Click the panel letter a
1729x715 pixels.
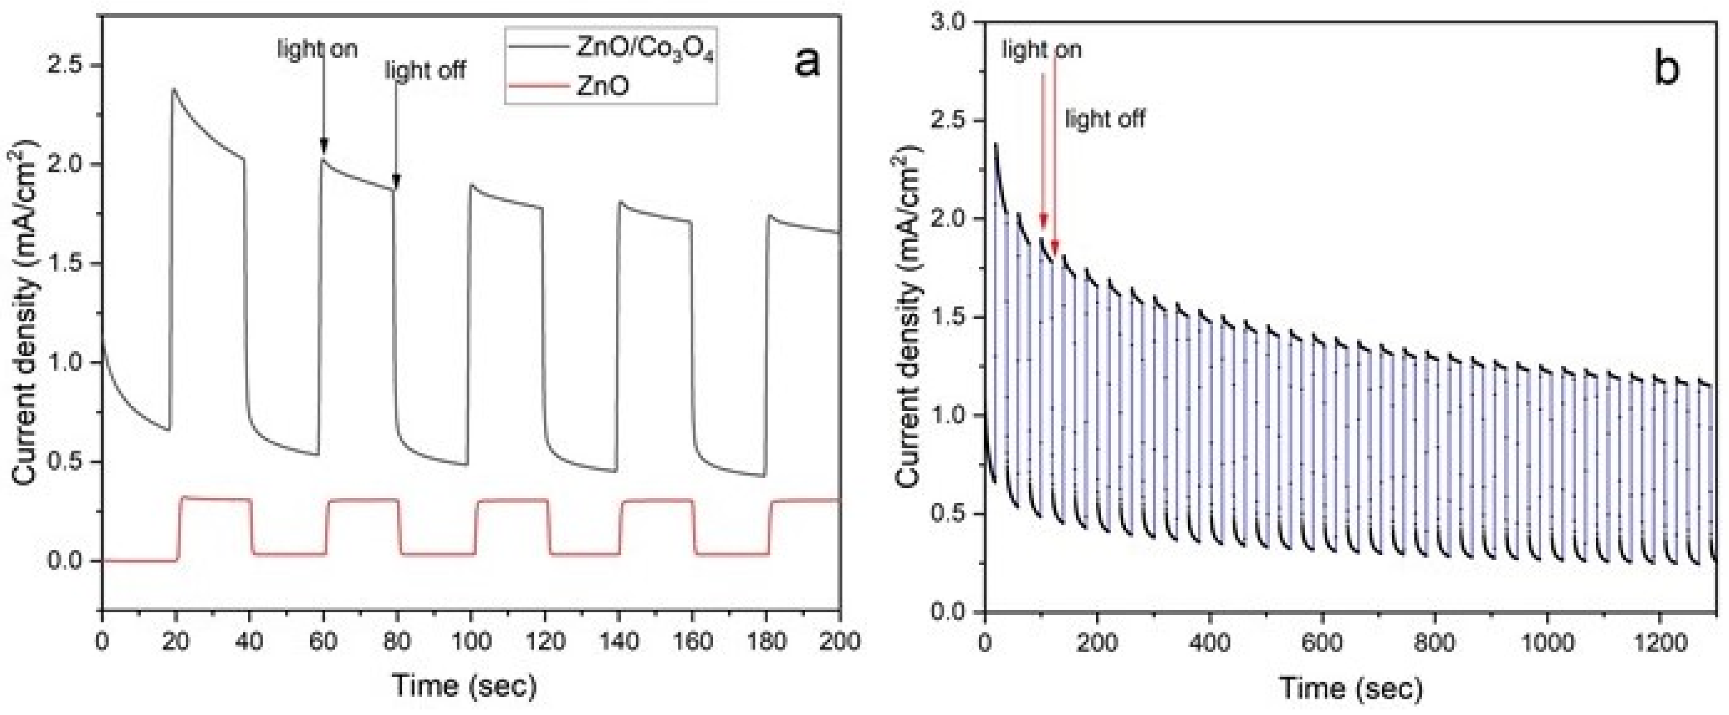[x=806, y=64]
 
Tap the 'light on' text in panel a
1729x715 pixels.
[x=317, y=49]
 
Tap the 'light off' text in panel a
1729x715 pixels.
[x=425, y=70]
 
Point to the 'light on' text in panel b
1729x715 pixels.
[x=1041, y=50]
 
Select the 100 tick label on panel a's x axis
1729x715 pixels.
[x=471, y=641]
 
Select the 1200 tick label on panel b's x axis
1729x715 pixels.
[x=1659, y=643]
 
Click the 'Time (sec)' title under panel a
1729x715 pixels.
[x=465, y=686]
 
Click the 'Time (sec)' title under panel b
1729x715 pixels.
[x=1351, y=688]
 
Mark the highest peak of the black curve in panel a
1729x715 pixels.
[x=174, y=89]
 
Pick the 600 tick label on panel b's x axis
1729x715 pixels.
[x=1322, y=643]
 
